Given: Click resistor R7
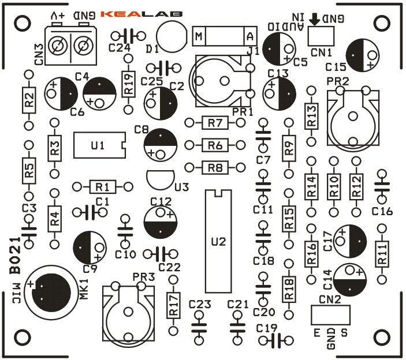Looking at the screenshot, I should (x=215, y=123).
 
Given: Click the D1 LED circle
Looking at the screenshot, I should (x=171, y=35).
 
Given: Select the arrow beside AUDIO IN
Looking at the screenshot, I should (x=315, y=19).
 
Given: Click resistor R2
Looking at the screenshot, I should (x=28, y=99).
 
